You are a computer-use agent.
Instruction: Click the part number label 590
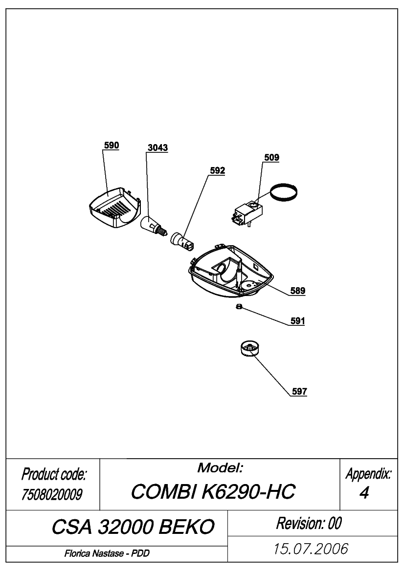112,145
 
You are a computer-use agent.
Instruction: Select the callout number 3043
157,148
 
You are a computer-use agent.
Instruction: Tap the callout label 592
217,170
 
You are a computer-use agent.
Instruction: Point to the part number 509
271,157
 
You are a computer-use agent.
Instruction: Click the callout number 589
297,291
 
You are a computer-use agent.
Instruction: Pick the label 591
297,321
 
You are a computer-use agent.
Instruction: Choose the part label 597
299,391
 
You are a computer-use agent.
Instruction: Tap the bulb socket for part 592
183,241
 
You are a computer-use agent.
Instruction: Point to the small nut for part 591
239,307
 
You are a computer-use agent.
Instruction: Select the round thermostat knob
251,349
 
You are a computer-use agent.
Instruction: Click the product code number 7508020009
52,494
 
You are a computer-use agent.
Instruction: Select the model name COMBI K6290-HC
213,491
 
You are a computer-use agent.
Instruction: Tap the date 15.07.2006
311,549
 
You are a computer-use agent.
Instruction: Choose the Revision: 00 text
309,523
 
